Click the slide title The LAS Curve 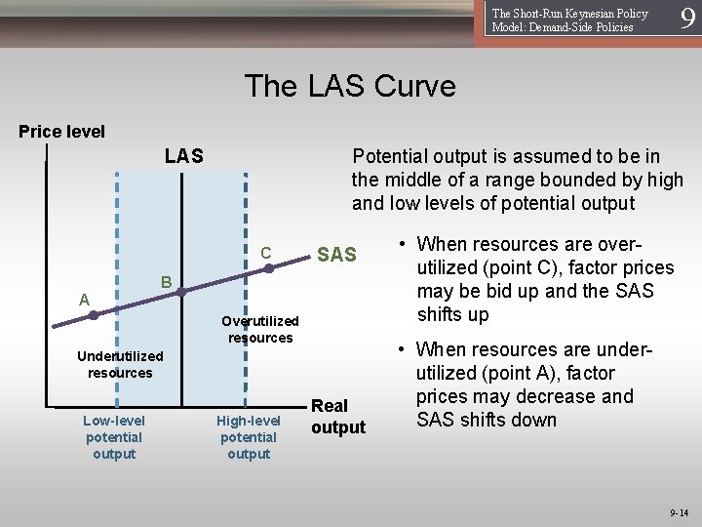point(350,86)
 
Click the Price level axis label point(62,132)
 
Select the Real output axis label point(337,416)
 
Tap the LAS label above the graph point(183,156)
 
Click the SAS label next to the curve point(337,255)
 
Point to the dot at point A point(94,315)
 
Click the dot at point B point(180,291)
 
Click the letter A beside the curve point(85,300)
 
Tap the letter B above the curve point(167,282)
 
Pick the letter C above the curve point(265,253)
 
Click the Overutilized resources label point(260,329)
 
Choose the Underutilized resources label point(120,364)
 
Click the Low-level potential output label point(114,437)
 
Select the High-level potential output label point(249,437)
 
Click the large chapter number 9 point(687,20)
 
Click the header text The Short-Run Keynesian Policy point(569,14)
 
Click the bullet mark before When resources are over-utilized point(404,245)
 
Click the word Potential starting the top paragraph point(390,156)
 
